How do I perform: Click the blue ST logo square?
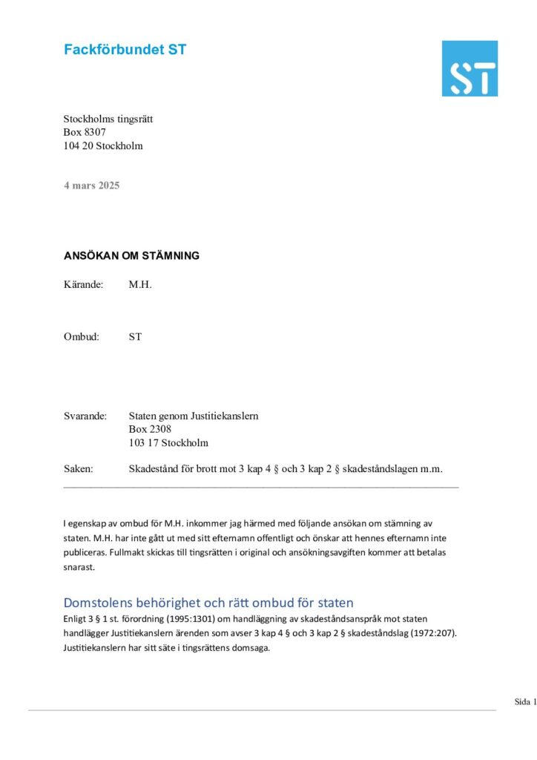(x=470, y=68)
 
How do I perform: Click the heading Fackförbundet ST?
(x=125, y=50)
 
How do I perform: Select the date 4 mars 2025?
(x=91, y=185)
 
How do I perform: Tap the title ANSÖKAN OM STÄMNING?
(x=131, y=256)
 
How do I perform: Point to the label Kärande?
(x=84, y=284)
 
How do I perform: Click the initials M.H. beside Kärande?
(x=140, y=284)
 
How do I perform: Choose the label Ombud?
(x=82, y=336)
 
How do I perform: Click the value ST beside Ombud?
(x=135, y=336)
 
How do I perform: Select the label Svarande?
(x=85, y=416)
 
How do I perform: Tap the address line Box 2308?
(x=150, y=430)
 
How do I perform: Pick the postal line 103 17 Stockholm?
(x=168, y=443)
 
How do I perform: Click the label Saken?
(x=79, y=468)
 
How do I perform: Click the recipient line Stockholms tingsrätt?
(x=108, y=119)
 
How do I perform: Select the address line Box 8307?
(x=85, y=132)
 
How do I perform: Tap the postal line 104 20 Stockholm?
(x=103, y=145)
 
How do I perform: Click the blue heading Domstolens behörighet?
(x=208, y=602)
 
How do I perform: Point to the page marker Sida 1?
(x=525, y=701)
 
